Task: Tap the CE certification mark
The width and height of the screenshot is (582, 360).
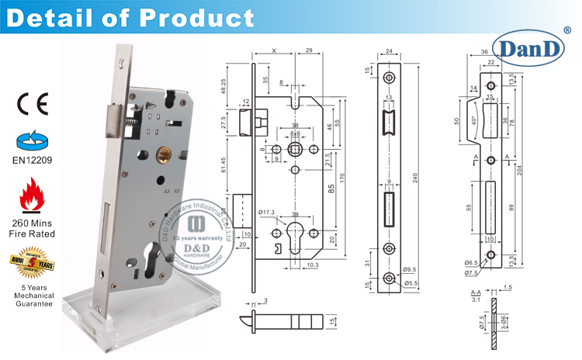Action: point(32,102)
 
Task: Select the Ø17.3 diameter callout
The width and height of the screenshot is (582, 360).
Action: point(266,212)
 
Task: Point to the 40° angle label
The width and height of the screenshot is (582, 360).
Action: point(473,120)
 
